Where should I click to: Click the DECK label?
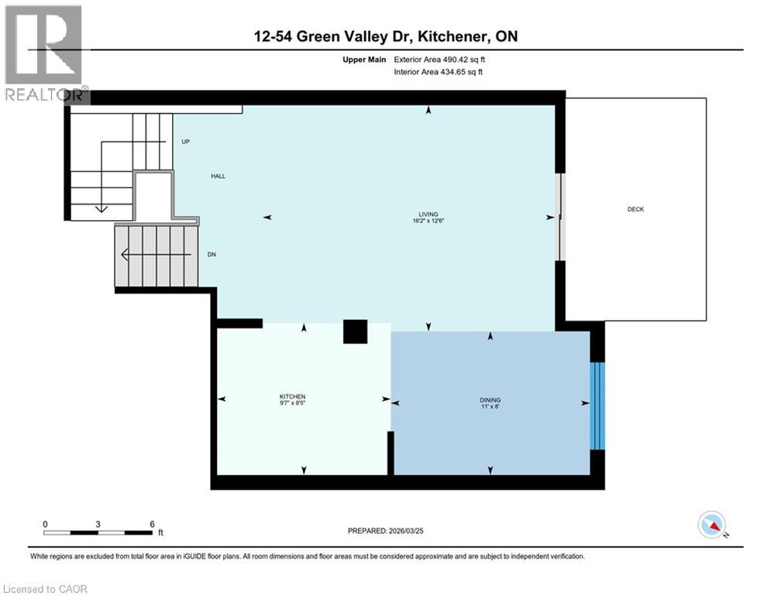tap(635, 209)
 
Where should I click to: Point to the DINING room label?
tap(490, 400)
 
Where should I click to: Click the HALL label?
tap(219, 177)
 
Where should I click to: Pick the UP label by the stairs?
tap(185, 142)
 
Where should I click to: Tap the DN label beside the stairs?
tap(211, 254)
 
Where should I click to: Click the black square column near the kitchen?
tap(356, 331)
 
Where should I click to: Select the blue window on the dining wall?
tap(596, 406)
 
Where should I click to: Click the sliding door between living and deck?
tap(561, 216)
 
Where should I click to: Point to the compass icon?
tap(711, 525)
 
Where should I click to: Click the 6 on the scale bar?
tap(152, 524)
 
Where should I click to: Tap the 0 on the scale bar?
tap(46, 524)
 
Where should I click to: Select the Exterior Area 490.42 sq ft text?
tap(442, 59)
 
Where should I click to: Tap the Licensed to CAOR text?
tap(45, 589)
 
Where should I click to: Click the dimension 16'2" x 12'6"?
tap(427, 221)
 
